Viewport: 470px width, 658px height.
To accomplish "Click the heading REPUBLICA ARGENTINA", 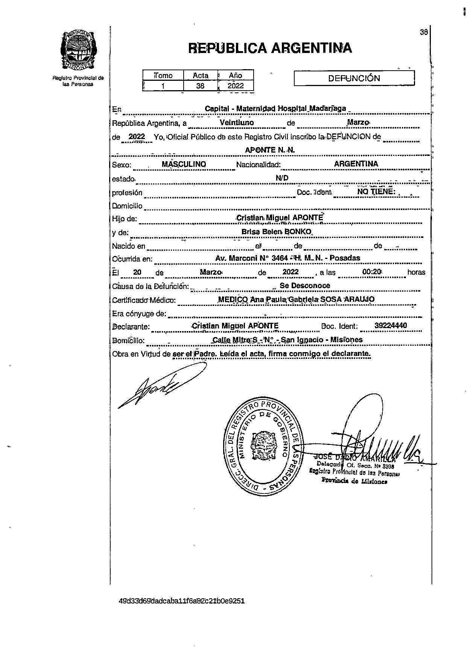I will pyautogui.click(x=270, y=48).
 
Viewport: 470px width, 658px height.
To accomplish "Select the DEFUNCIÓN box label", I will pyautogui.click(x=354, y=78).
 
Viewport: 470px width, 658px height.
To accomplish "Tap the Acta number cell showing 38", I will pyautogui.click(x=200, y=86).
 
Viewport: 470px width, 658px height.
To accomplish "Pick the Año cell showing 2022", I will pyautogui.click(x=236, y=86).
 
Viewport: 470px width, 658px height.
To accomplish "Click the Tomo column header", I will pyautogui.click(x=163, y=75).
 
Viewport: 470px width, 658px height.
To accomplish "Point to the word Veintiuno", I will pyautogui.click(x=236, y=122).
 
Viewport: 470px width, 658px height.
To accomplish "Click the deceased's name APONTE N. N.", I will pyautogui.click(x=270, y=150).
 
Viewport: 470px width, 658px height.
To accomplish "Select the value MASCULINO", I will pyautogui.click(x=184, y=164).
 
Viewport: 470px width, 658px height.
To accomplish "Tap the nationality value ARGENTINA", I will pyautogui.click(x=356, y=164).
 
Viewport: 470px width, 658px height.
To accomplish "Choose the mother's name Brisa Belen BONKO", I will pyautogui.click(x=277, y=231).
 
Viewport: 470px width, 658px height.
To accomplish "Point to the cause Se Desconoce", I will pyautogui.click(x=305, y=286).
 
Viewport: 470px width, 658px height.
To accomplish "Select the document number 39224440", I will pyautogui.click(x=391, y=325).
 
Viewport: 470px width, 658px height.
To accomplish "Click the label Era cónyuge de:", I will pyautogui.click(x=139, y=313).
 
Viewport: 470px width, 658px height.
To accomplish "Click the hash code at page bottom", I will pyautogui.click(x=181, y=601).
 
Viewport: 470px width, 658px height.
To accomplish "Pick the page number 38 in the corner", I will pyautogui.click(x=424, y=32).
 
